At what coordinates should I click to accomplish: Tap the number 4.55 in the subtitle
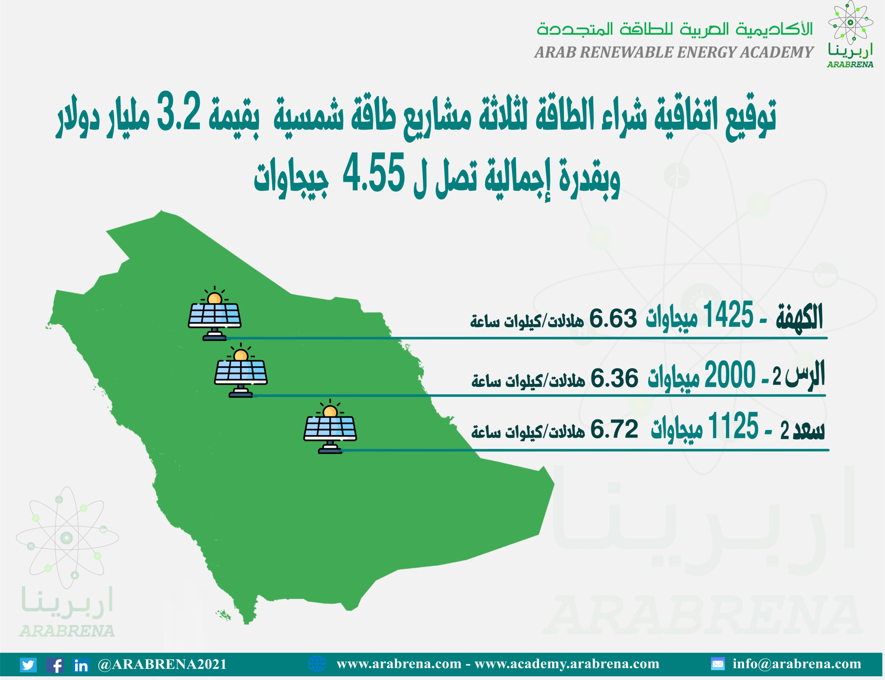click(374, 172)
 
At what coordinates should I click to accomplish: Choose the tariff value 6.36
click(614, 378)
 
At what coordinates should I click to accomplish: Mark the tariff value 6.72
click(614, 429)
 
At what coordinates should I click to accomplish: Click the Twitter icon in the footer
click(28, 664)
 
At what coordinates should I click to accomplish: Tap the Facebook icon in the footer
click(55, 664)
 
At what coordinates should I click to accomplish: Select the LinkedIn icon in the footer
click(81, 664)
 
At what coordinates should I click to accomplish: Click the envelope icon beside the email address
click(717, 664)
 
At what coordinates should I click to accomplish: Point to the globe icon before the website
click(317, 664)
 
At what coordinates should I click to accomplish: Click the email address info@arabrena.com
click(797, 664)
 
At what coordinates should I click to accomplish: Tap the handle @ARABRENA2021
click(162, 664)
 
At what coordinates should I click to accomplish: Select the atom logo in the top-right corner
click(850, 22)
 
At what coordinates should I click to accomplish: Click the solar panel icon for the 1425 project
click(215, 314)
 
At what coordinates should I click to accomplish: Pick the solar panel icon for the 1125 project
click(330, 427)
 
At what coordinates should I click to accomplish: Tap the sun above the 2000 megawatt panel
click(241, 356)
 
